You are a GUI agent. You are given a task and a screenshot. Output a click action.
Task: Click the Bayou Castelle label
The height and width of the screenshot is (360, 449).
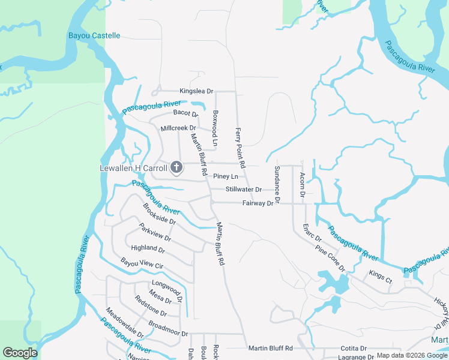[x=94, y=36]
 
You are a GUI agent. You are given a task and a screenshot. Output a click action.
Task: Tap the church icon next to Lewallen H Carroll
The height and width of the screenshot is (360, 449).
[x=176, y=167]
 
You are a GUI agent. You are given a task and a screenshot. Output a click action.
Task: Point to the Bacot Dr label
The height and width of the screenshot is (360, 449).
[x=185, y=113]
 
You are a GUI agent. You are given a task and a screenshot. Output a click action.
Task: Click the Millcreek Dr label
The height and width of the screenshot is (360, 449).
[x=178, y=128]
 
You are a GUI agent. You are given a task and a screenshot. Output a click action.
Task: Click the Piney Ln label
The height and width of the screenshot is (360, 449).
[x=226, y=177]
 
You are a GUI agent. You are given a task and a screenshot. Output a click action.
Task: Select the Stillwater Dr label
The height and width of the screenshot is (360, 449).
[x=244, y=190]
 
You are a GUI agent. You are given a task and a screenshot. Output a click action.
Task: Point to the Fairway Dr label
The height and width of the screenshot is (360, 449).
[x=258, y=203]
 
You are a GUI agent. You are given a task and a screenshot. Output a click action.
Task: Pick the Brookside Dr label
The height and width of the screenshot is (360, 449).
[x=159, y=214]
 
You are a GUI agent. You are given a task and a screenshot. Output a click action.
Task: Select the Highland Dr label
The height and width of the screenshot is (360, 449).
[x=148, y=248]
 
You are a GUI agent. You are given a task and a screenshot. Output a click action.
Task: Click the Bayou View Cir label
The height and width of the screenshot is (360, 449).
[x=142, y=264]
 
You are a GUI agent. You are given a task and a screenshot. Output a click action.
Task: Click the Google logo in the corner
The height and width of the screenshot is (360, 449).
[x=20, y=353]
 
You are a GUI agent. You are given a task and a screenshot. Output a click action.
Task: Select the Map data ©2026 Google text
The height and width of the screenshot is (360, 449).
[x=412, y=356]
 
